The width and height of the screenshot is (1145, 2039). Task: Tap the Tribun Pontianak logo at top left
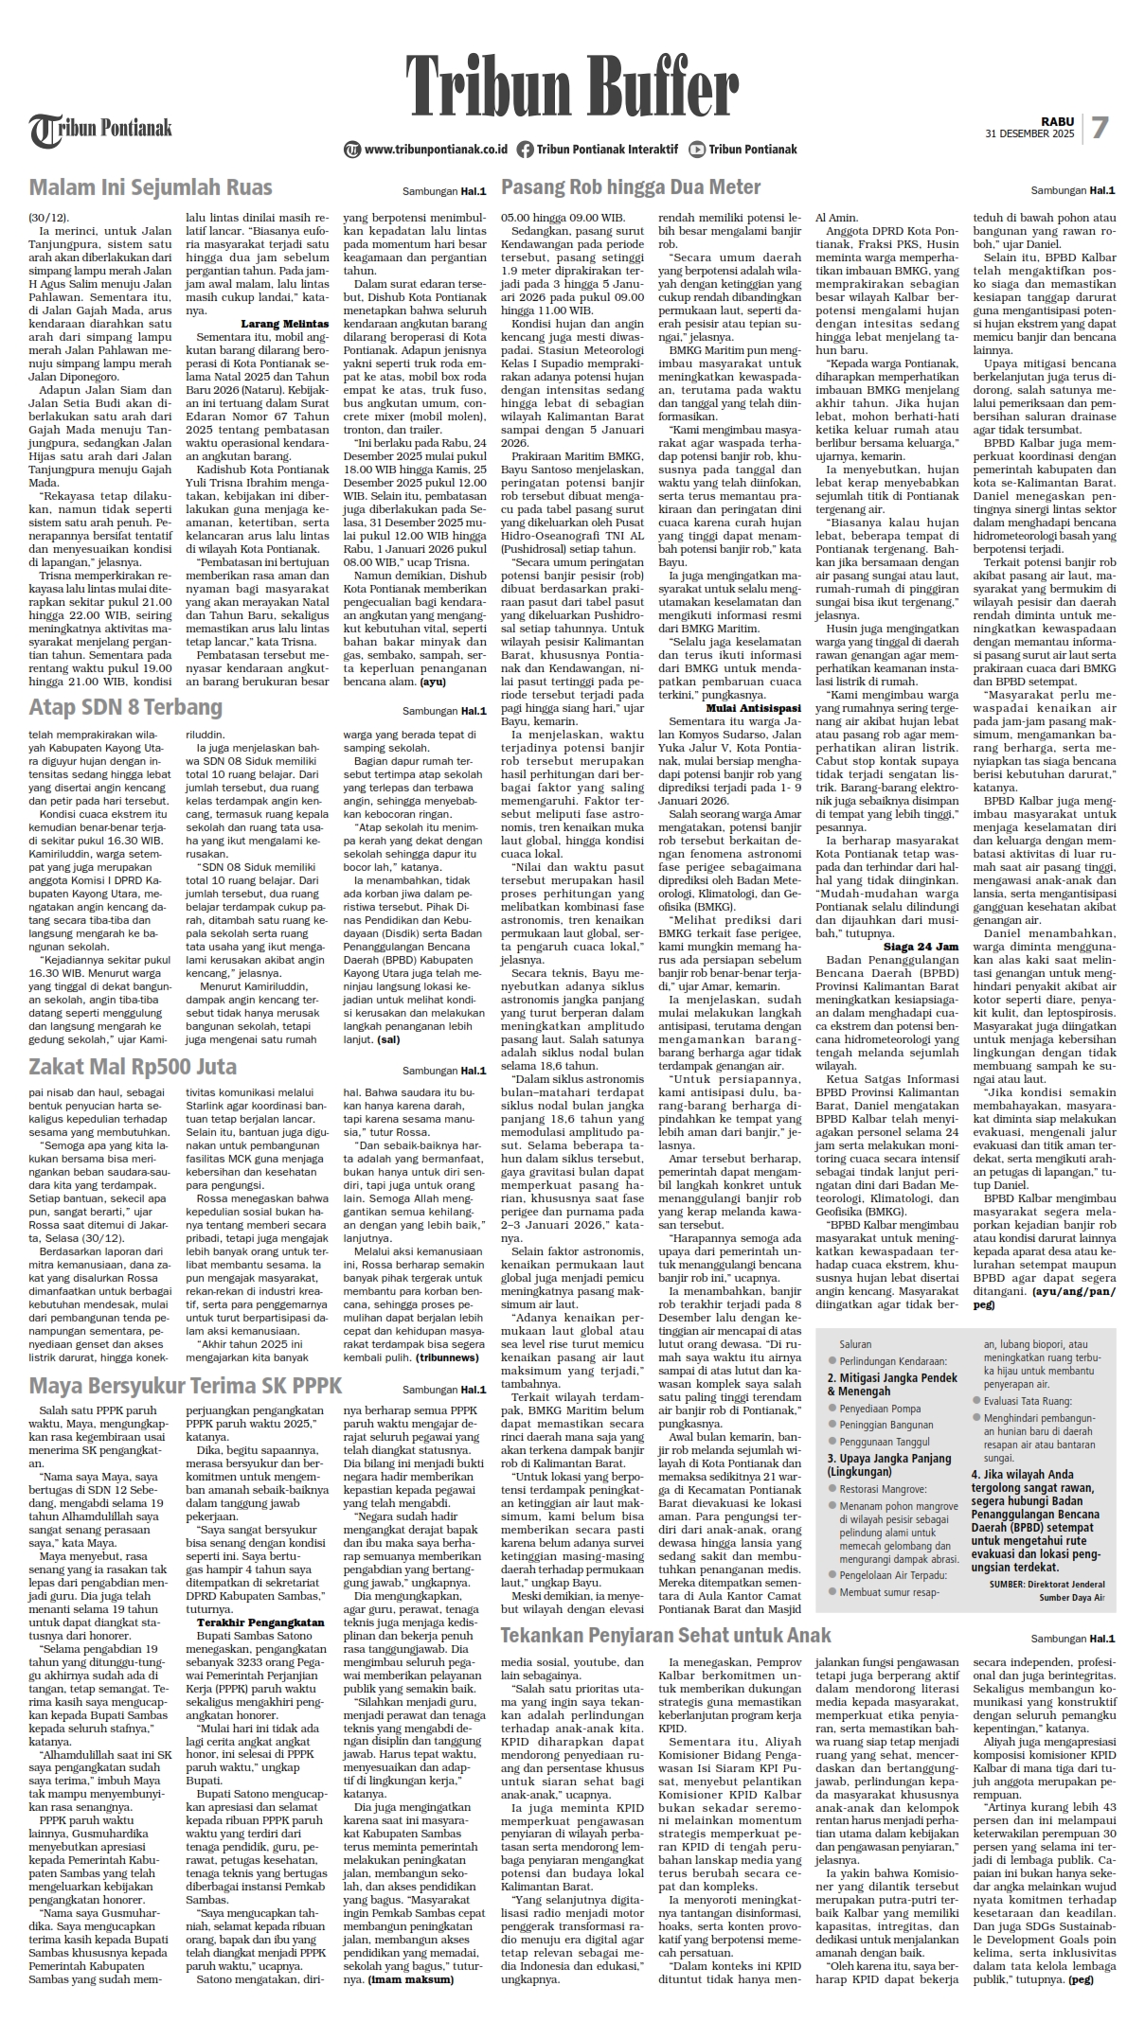[100, 129]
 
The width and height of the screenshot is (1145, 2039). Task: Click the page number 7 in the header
[1100, 128]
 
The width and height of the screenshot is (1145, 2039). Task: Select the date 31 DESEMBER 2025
[1029, 134]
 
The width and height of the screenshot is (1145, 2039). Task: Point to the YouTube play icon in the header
[697, 149]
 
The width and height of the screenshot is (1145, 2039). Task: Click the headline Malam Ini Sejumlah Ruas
[151, 186]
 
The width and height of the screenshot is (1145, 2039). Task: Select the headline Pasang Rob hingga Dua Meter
[631, 186]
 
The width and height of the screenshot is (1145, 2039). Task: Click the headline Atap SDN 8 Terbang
[126, 707]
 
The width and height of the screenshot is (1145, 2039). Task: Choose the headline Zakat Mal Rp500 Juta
[133, 1068]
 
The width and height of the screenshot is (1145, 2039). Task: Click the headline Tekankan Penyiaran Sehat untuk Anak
[666, 1635]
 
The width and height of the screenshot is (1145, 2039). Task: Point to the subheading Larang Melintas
[285, 324]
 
